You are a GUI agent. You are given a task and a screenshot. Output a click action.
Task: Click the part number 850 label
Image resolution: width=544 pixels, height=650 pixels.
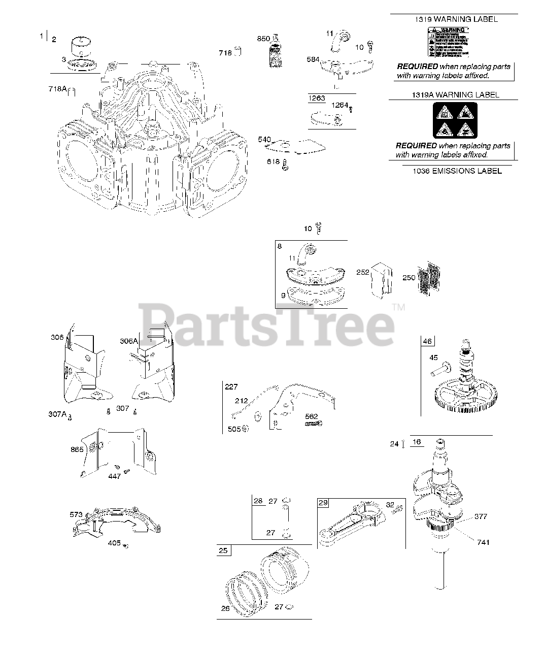tap(263, 39)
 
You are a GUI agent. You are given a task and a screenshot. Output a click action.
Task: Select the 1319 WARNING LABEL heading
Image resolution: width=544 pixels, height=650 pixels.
tap(454, 19)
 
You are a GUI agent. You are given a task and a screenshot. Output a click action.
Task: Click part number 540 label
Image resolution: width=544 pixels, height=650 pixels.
tap(264, 140)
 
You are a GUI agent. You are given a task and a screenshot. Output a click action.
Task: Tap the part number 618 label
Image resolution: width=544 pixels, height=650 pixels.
tap(273, 161)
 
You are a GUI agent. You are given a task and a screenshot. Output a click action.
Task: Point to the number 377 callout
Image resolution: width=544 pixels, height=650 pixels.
tap(481, 516)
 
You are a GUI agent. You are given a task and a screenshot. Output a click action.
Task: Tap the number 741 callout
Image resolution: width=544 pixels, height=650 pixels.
tap(483, 542)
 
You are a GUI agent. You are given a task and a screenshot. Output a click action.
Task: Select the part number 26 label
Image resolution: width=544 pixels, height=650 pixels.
tap(225, 609)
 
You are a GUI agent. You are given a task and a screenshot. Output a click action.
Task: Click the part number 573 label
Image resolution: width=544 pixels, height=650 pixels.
tap(76, 515)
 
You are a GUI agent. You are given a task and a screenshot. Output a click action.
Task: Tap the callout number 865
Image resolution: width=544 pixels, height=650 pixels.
tap(77, 449)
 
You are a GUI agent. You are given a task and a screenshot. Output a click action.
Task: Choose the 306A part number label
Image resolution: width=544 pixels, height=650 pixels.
tap(128, 341)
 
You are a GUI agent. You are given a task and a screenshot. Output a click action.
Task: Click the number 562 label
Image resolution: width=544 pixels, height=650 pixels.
tap(311, 416)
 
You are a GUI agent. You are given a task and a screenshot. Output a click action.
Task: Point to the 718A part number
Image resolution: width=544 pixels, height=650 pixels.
tap(57, 88)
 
